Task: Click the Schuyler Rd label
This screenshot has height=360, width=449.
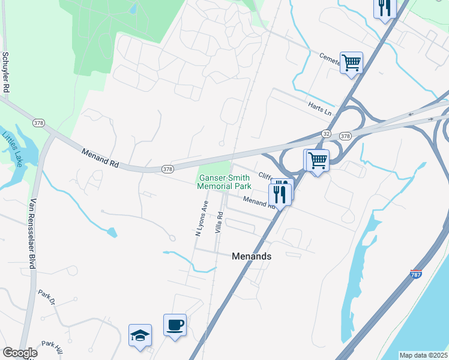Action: [6, 71]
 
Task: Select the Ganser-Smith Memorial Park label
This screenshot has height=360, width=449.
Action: [224, 182]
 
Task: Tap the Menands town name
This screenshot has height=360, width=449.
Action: [252, 256]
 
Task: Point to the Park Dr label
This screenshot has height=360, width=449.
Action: [46, 295]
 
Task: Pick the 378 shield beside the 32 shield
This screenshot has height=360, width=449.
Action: [345, 136]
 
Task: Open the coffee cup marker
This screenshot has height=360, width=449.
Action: [175, 326]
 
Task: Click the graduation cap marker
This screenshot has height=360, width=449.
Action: [140, 335]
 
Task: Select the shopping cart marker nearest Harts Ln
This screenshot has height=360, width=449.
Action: [351, 62]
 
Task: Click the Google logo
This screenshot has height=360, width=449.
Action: [19, 353]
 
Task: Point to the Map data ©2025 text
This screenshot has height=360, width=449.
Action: [423, 355]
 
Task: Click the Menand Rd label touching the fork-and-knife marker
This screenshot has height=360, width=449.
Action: [260, 202]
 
